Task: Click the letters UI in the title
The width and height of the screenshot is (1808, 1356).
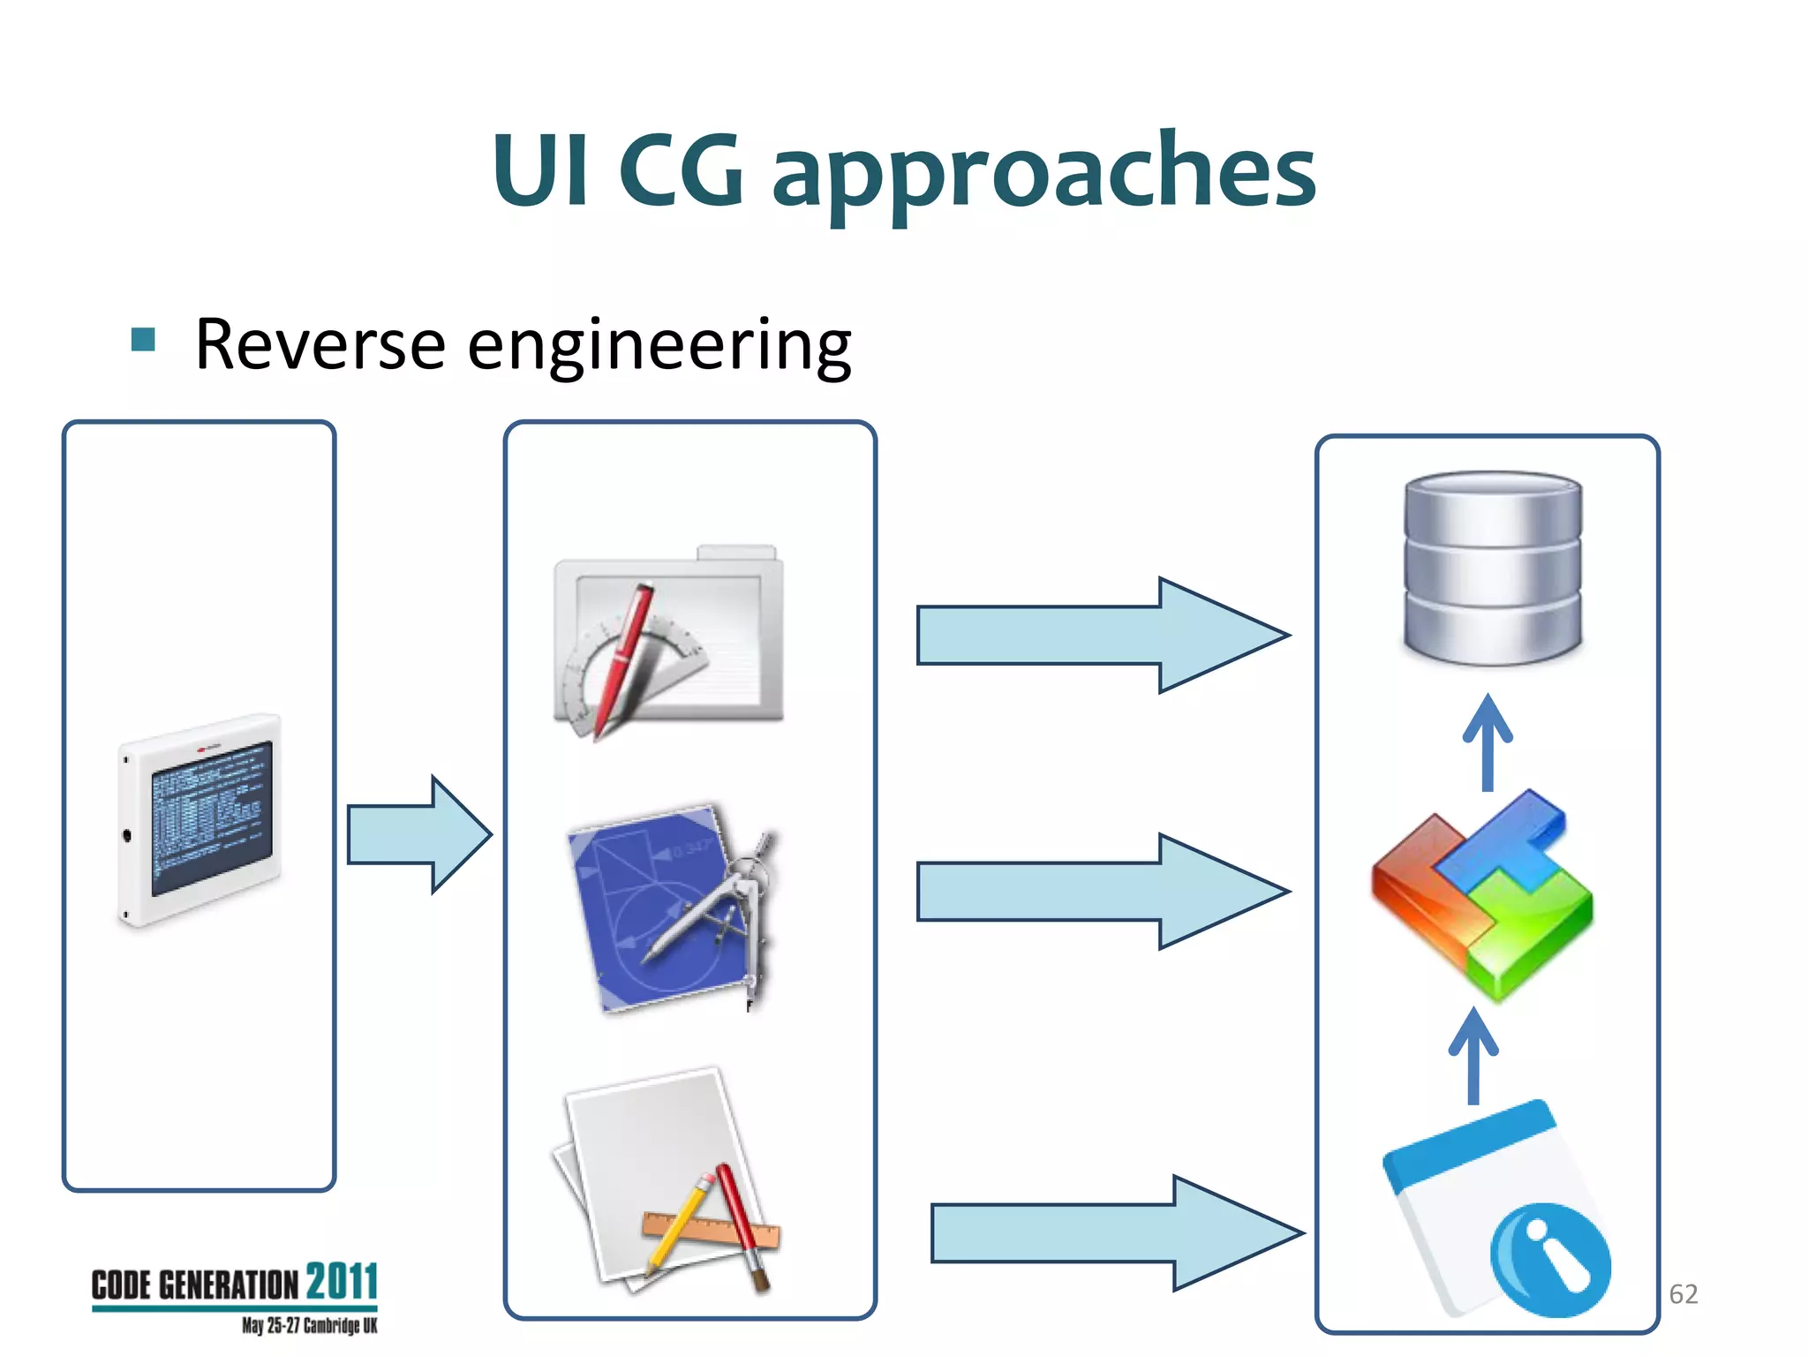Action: (x=540, y=170)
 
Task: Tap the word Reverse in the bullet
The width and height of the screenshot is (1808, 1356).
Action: (x=320, y=344)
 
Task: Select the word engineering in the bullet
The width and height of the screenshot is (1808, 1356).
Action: (x=659, y=346)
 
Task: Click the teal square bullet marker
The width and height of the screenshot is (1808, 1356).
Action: (x=143, y=339)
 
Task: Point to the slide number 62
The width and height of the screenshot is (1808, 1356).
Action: (x=1683, y=1293)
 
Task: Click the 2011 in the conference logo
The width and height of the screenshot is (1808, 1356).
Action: (x=342, y=1282)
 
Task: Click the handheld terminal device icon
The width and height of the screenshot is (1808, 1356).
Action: (x=200, y=819)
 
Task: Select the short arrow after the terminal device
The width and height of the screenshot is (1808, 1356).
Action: (x=418, y=834)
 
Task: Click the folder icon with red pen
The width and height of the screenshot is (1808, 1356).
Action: (x=668, y=644)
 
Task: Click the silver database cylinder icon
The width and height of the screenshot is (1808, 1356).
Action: (x=1492, y=568)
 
